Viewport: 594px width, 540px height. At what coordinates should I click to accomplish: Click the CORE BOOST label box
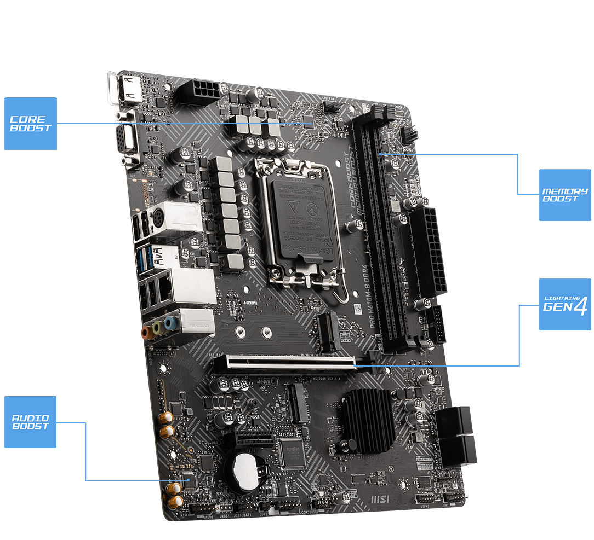(x=31, y=124)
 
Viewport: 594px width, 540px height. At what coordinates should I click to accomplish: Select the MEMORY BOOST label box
(x=564, y=195)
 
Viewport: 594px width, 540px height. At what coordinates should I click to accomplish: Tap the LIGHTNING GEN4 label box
(x=564, y=304)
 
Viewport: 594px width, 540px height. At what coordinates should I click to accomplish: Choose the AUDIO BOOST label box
(x=31, y=422)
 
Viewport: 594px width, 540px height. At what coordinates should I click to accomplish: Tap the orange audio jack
(x=147, y=332)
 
